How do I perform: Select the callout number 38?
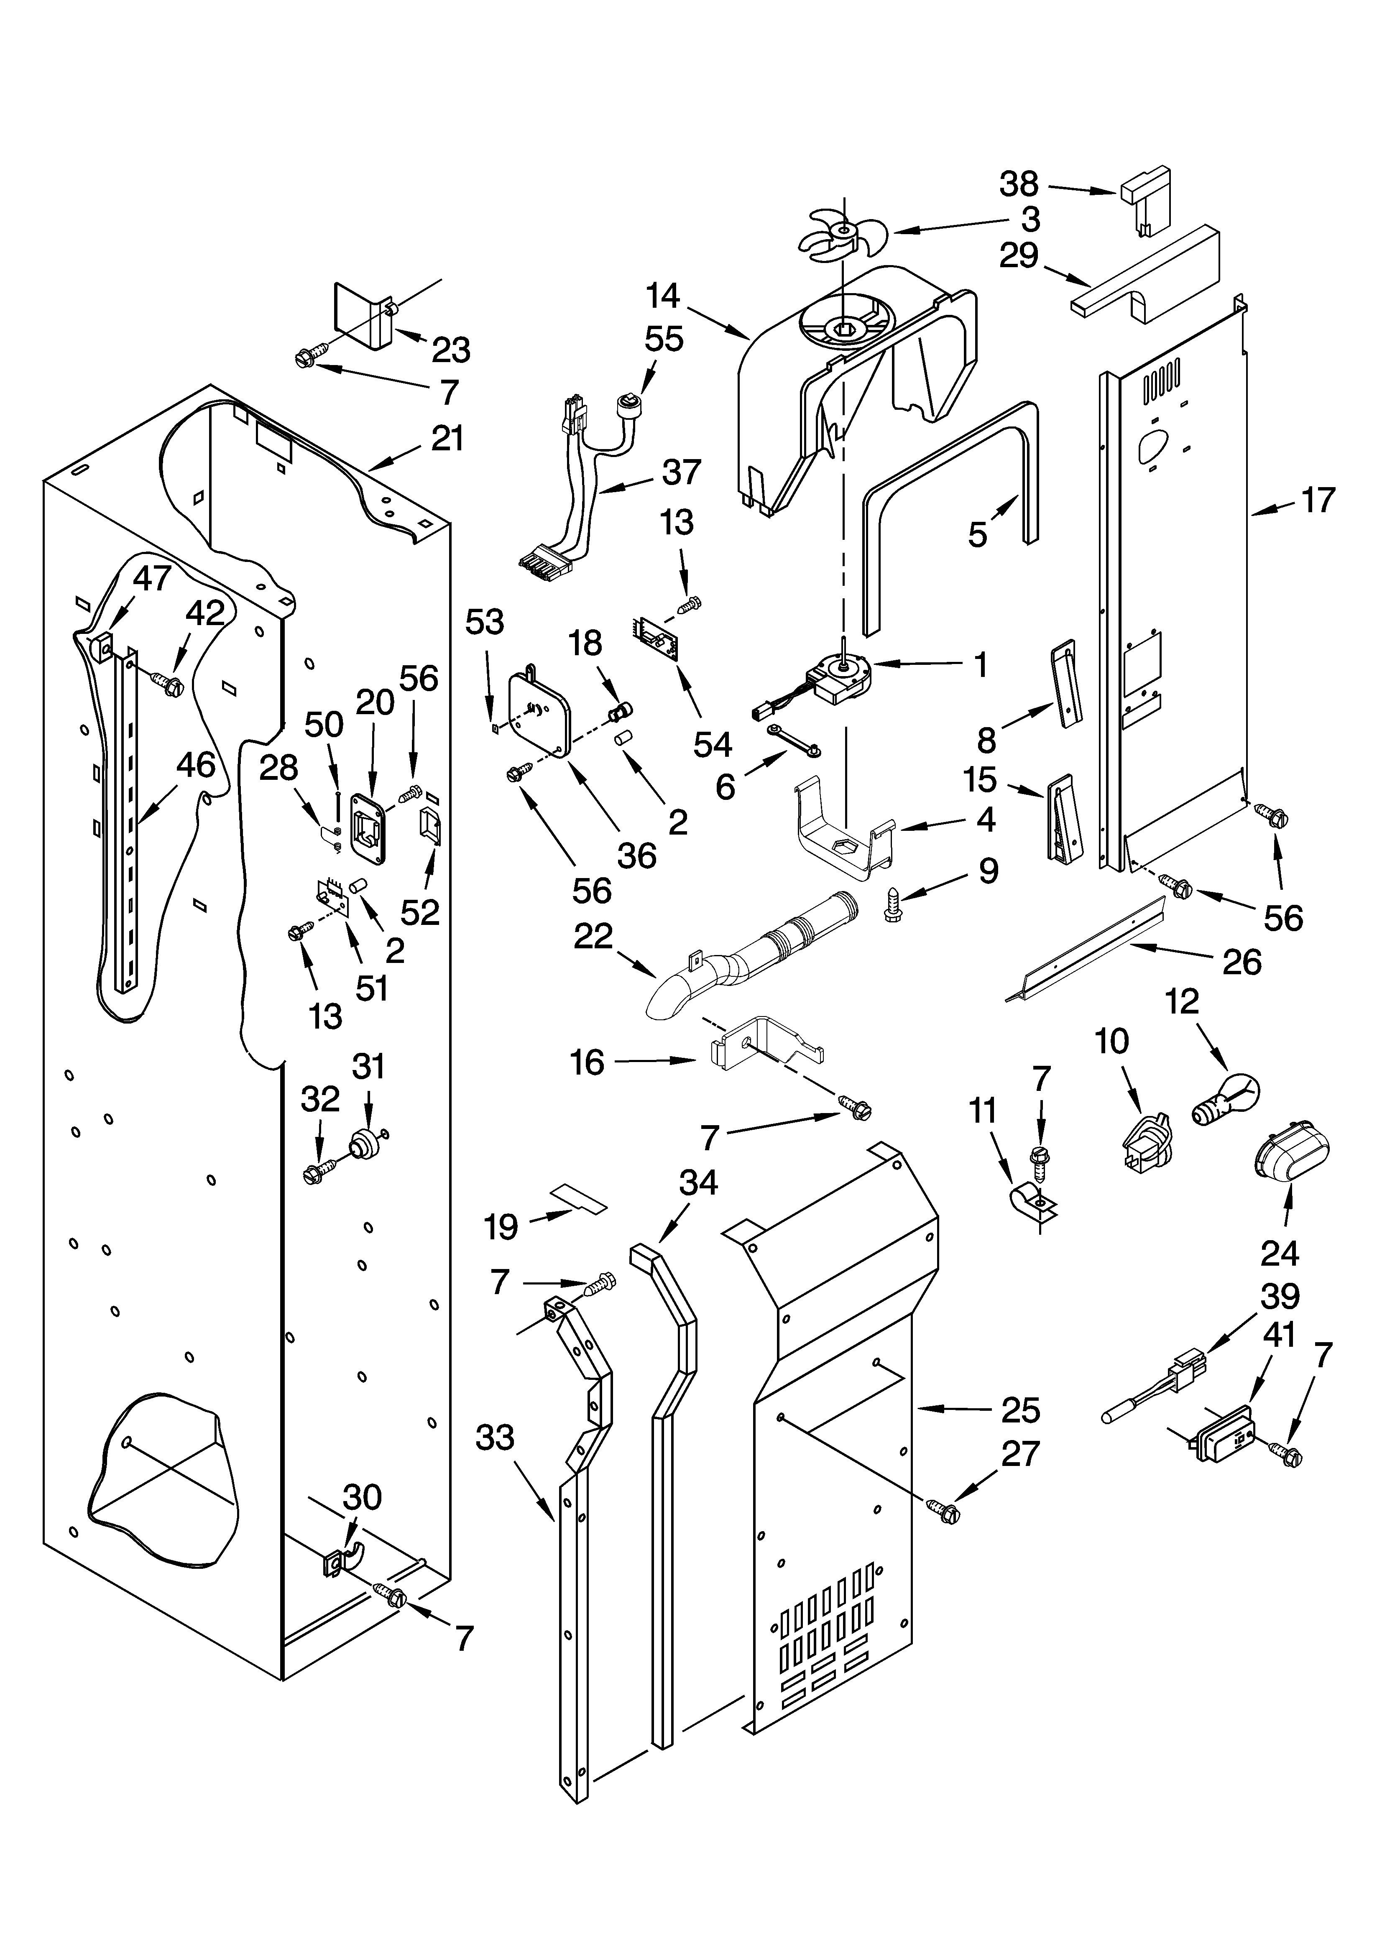click(x=1020, y=184)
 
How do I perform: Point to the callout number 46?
click(x=195, y=765)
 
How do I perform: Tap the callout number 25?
click(x=1021, y=1410)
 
